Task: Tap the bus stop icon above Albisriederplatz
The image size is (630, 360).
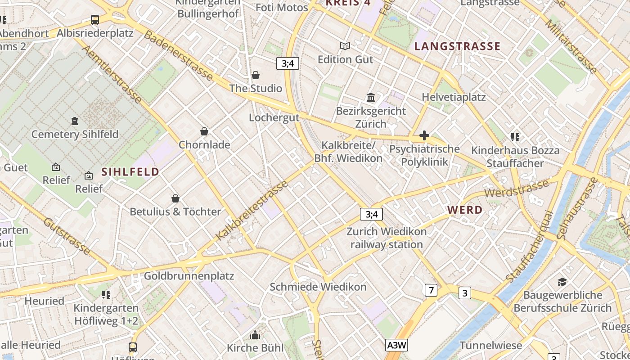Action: click(x=95, y=20)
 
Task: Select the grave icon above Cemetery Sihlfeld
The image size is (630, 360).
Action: click(x=75, y=121)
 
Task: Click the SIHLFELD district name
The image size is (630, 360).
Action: click(x=130, y=172)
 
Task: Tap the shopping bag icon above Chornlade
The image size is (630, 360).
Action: click(x=204, y=131)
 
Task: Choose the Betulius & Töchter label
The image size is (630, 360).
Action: click(x=175, y=211)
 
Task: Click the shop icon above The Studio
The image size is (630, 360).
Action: click(x=256, y=75)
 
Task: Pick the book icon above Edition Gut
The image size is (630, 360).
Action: click(x=345, y=46)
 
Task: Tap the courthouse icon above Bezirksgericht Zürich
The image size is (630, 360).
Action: click(x=371, y=98)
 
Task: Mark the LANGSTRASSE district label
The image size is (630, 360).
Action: click(x=457, y=46)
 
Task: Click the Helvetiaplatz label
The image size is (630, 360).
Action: click(x=454, y=97)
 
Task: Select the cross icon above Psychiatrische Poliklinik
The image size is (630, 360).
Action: click(x=424, y=135)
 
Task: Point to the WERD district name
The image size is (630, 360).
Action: click(x=465, y=210)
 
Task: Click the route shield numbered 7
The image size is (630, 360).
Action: click(x=431, y=290)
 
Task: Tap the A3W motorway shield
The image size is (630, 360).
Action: click(x=397, y=345)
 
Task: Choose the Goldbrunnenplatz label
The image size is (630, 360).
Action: click(x=189, y=276)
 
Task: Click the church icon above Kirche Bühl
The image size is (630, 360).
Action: click(x=255, y=335)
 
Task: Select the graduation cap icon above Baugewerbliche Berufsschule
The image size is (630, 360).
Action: click(x=562, y=282)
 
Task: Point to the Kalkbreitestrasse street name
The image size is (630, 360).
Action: click(x=252, y=211)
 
